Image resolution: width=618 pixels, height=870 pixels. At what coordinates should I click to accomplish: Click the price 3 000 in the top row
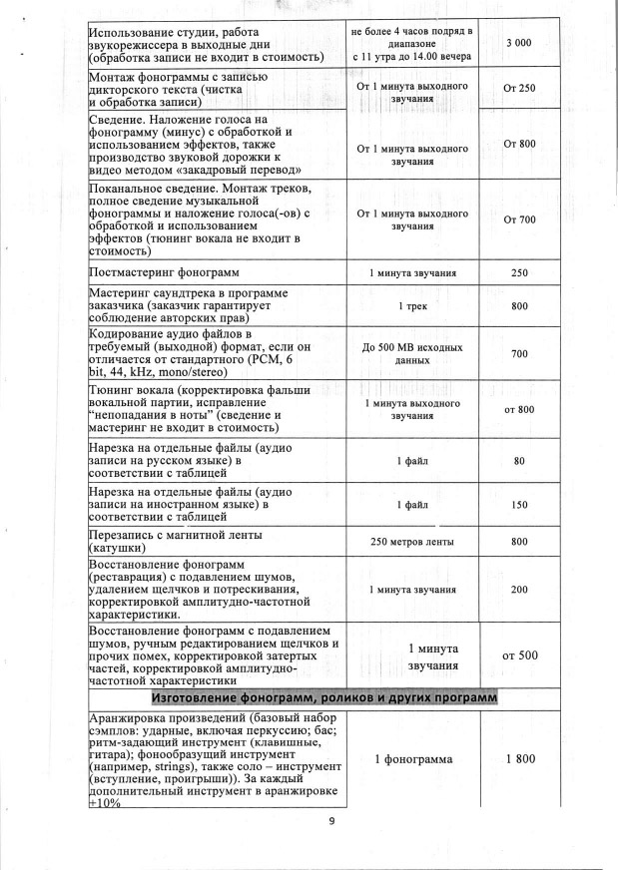(x=518, y=43)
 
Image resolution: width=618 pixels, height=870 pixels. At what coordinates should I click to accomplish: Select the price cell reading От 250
(x=519, y=89)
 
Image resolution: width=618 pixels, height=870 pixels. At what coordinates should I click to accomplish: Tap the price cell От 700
(x=520, y=219)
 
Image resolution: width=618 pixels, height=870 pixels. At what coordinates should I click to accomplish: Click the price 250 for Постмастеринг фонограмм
(x=519, y=272)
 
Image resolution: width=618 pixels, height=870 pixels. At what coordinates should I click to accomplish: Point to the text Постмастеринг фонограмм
(x=167, y=272)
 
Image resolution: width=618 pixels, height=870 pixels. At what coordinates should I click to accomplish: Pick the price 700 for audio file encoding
(x=519, y=355)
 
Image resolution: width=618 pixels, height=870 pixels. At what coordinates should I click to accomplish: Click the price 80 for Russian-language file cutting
(x=519, y=461)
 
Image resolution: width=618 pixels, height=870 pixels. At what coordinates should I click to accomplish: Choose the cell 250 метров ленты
(x=412, y=542)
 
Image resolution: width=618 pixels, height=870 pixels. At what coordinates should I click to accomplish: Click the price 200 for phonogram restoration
(x=519, y=590)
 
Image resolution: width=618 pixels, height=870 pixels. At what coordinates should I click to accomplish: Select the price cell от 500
(x=520, y=655)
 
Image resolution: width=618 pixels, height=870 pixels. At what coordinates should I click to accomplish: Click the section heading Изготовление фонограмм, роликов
(x=322, y=695)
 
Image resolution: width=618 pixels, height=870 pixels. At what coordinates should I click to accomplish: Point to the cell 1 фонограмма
(x=413, y=759)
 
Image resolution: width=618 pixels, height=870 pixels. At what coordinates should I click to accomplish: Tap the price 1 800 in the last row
(x=520, y=759)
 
